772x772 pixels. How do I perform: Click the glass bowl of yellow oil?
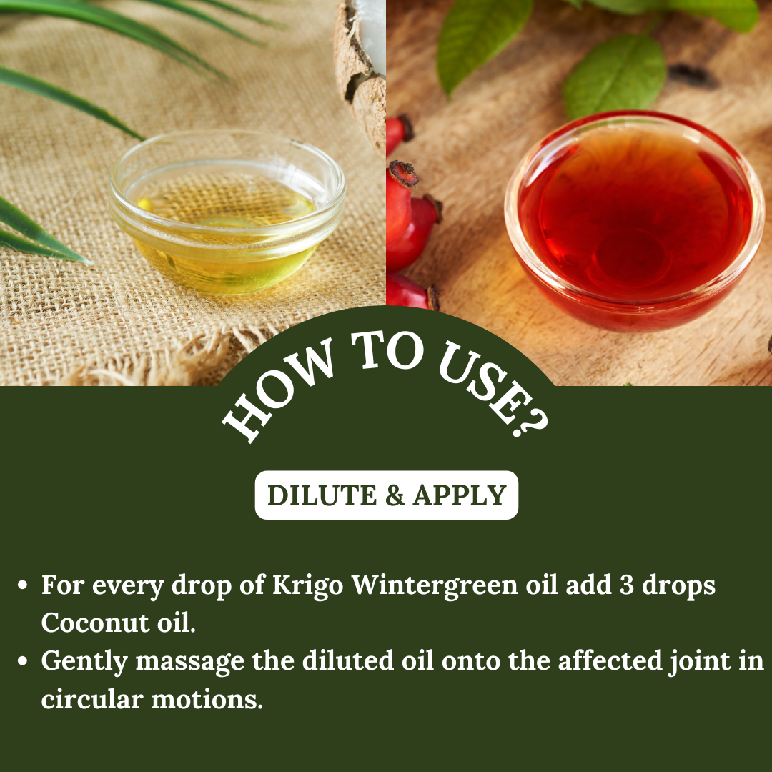tap(227, 212)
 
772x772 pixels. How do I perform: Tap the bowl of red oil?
tap(634, 221)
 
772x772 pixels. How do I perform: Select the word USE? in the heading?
tap(493, 389)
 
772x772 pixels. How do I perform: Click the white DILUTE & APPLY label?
tap(387, 495)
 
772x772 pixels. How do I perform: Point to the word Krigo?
tap(307, 585)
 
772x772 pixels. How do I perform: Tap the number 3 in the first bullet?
tap(626, 585)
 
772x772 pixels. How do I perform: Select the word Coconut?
tap(95, 623)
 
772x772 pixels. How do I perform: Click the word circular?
tap(92, 699)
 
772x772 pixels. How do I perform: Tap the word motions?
tap(207, 700)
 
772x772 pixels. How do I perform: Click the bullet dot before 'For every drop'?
tap(22, 585)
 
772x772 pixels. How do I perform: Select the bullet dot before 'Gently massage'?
tap(22, 661)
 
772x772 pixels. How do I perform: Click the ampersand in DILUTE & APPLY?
tap(395, 495)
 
